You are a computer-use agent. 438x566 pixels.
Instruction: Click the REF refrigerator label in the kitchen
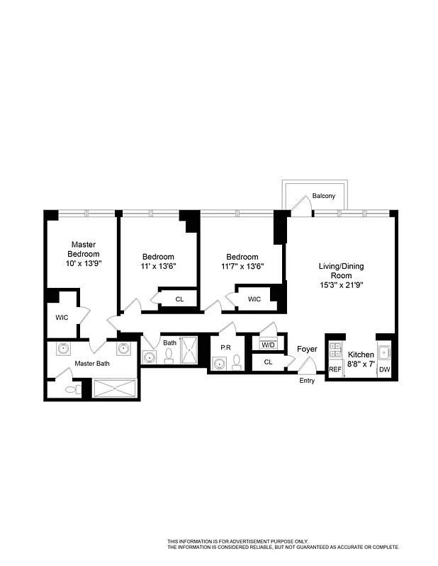[335, 369]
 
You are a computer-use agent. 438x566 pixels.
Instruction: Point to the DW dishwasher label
[384, 369]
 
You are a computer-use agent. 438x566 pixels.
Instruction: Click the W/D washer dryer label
[268, 345]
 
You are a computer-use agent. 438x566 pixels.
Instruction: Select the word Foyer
[307, 349]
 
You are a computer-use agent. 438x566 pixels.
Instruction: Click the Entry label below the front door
[307, 381]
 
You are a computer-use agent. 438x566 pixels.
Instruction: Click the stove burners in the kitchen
[335, 349]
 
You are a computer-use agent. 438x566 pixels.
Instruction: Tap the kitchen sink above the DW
[384, 350]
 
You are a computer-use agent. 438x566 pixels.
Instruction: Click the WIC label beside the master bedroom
[62, 317]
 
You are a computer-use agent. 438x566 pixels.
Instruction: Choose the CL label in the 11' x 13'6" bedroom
[179, 299]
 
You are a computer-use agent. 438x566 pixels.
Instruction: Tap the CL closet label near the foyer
[268, 362]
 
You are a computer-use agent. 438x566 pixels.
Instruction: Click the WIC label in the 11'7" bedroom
[254, 299]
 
